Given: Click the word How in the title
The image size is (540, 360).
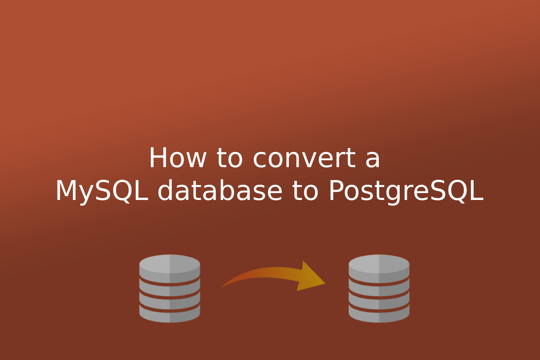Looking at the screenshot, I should click(x=177, y=158).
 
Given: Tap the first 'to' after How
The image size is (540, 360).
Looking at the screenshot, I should click(x=230, y=158).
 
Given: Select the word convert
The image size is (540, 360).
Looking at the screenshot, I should click(x=304, y=158).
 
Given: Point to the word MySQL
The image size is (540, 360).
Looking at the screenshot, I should click(x=102, y=191).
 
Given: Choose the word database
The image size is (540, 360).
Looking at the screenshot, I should click(x=219, y=191).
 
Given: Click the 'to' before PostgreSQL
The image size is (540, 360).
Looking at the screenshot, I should click(x=305, y=191).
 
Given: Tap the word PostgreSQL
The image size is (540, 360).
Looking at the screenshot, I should click(x=406, y=191).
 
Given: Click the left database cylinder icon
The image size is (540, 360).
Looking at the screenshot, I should click(x=170, y=288).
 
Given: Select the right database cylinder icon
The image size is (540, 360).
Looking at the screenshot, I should click(x=379, y=288).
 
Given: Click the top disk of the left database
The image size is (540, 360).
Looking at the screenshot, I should click(x=170, y=264).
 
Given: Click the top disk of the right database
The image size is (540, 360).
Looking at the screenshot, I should click(x=379, y=264).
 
